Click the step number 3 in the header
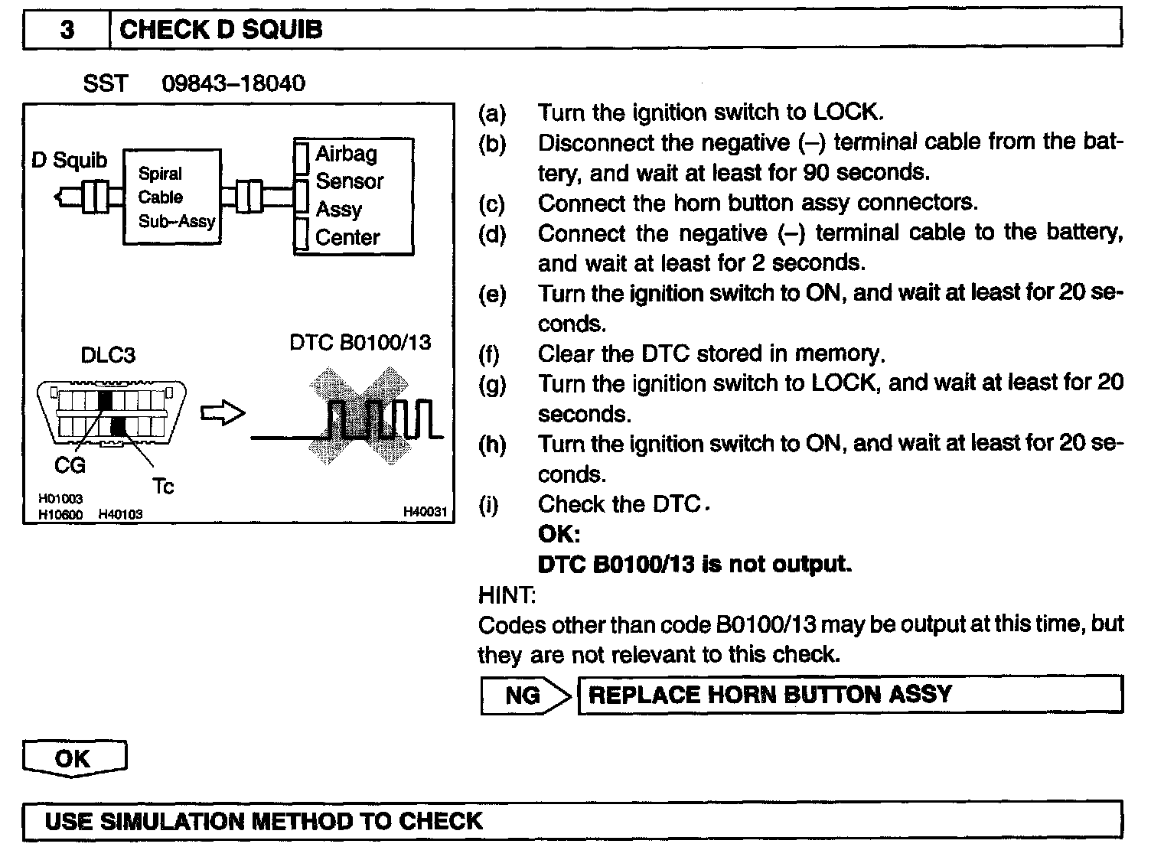(x=67, y=31)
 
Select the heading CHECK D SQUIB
(x=221, y=31)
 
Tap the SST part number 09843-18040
(x=233, y=83)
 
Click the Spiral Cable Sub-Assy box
(x=173, y=197)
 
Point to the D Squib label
(x=69, y=161)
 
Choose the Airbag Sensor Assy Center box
(x=354, y=196)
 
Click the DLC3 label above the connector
(x=108, y=355)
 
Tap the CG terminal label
(x=70, y=465)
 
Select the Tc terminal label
(x=163, y=486)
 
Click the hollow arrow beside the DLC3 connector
(x=223, y=414)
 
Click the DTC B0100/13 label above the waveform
(x=360, y=342)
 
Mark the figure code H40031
(x=425, y=512)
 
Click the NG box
(x=523, y=695)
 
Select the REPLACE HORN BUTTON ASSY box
(x=849, y=695)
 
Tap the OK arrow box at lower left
(x=73, y=759)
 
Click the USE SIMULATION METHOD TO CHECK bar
(x=572, y=822)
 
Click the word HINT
(x=507, y=595)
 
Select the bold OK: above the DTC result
(x=559, y=534)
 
